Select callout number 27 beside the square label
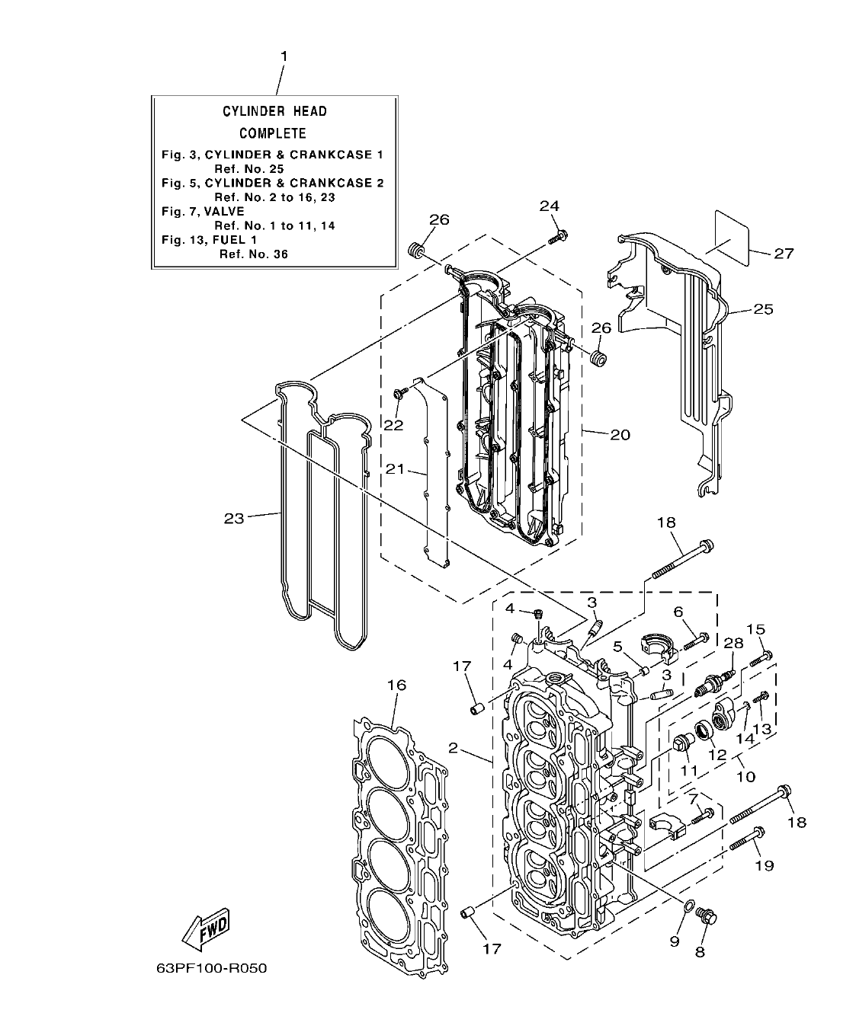784,254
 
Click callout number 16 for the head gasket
396,685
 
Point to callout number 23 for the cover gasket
234,518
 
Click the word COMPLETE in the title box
273,133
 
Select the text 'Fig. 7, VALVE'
203,211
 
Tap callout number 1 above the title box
284,56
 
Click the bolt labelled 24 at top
557,237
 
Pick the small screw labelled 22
400,392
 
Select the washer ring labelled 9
688,906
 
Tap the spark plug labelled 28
714,680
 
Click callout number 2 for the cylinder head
453,749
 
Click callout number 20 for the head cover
620,434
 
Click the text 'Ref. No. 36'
254,254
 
